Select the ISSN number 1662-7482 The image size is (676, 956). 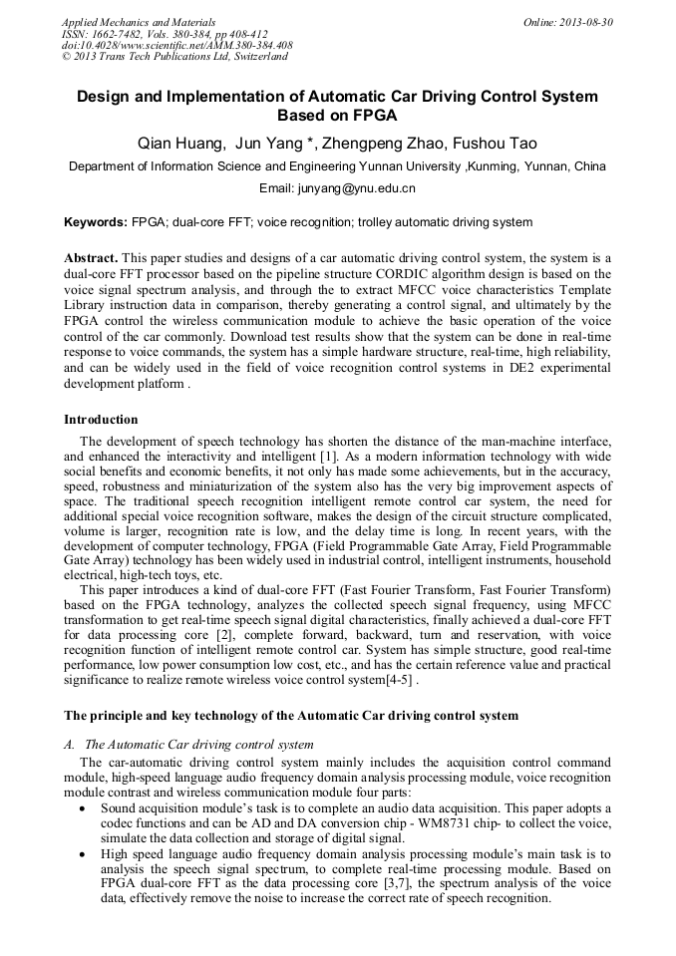pos(114,34)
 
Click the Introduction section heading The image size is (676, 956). pos(101,420)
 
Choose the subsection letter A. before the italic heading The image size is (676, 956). pos(70,745)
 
